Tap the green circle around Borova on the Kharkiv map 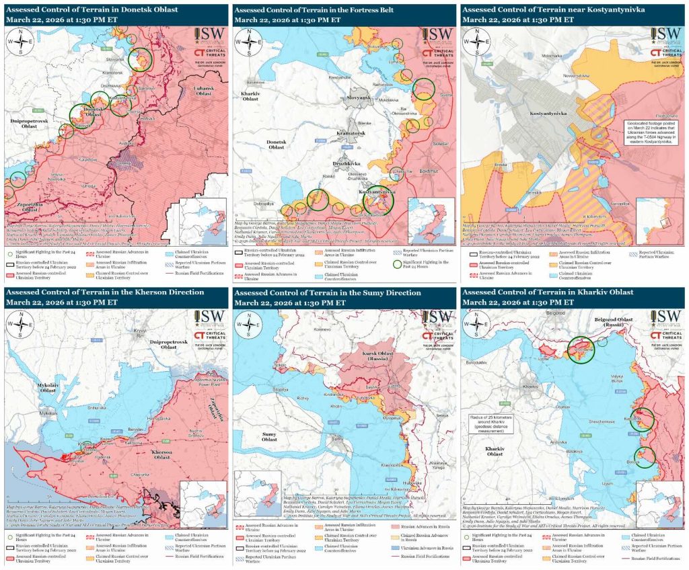(x=645, y=456)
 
